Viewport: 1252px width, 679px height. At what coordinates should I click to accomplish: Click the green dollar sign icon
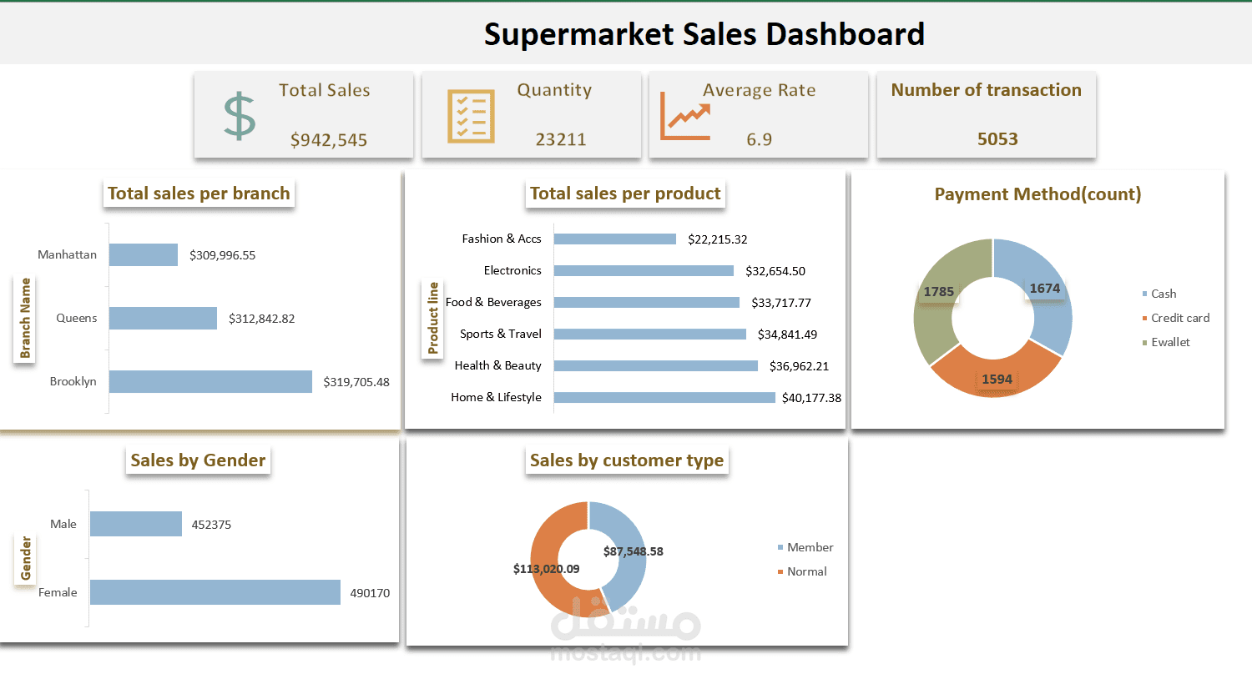click(x=240, y=115)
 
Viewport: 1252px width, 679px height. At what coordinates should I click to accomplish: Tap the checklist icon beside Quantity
click(x=471, y=116)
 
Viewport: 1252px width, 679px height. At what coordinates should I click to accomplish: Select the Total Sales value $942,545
click(x=329, y=140)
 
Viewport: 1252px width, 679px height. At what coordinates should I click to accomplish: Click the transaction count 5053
click(x=997, y=139)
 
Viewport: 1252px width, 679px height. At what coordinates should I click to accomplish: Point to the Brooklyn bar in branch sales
click(x=210, y=381)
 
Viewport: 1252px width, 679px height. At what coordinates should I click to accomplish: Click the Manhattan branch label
click(x=67, y=254)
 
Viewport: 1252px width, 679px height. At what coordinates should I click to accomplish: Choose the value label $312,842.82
click(x=261, y=319)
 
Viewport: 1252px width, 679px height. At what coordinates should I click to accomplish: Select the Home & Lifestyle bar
click(x=664, y=398)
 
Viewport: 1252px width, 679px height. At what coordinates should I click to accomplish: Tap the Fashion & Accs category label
click(x=502, y=239)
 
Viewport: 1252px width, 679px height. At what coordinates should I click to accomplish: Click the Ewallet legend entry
click(x=1170, y=342)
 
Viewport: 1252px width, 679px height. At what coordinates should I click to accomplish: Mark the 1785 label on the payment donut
click(x=938, y=292)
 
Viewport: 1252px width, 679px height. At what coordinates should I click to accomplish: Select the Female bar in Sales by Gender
click(x=215, y=592)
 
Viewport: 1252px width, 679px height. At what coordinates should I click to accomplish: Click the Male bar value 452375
click(x=211, y=525)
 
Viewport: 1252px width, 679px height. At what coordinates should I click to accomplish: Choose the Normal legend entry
click(x=806, y=571)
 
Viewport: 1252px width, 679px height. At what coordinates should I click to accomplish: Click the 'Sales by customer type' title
click(x=627, y=460)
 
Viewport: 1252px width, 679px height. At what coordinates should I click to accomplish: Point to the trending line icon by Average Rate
click(x=685, y=117)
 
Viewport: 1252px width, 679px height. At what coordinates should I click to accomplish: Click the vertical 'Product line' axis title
click(x=433, y=318)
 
